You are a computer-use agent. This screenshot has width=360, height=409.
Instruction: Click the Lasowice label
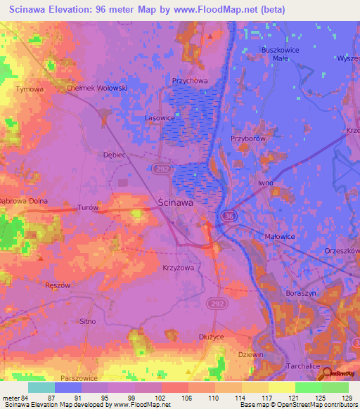coord(160,118)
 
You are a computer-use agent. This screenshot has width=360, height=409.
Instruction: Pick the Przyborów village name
coord(248,139)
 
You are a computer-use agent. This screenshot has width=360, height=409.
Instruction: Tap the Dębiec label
coord(113,154)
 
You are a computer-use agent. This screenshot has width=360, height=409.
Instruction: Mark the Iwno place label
coord(266,183)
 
